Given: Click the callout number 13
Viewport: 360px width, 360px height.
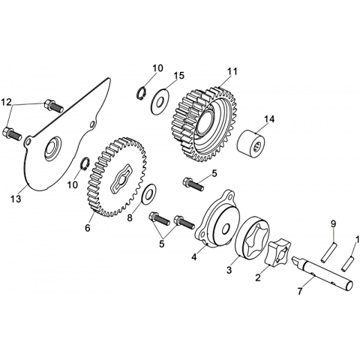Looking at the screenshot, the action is pos(16,199).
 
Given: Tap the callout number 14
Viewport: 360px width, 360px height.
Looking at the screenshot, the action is pos(268,119).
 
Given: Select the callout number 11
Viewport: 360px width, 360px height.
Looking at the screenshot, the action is pos(232,71).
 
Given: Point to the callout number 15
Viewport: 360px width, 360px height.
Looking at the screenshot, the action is pos(179,76).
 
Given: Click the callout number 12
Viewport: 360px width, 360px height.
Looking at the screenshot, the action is pos(6,102).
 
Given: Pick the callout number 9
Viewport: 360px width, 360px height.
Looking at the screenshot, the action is pos(334,223).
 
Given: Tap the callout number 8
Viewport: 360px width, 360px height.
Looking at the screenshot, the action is pos(130,218).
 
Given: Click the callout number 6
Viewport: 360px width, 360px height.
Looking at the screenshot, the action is pos(88,228).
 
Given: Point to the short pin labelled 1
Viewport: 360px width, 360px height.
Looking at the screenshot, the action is pos(347,262).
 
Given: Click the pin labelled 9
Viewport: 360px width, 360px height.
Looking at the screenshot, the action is pos(328,253).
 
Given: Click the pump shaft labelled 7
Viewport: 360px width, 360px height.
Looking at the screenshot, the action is pos(323,274).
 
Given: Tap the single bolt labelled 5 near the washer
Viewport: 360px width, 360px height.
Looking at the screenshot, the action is pos(193,184).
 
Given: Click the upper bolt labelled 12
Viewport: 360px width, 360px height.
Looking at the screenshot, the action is pos(53,106).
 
